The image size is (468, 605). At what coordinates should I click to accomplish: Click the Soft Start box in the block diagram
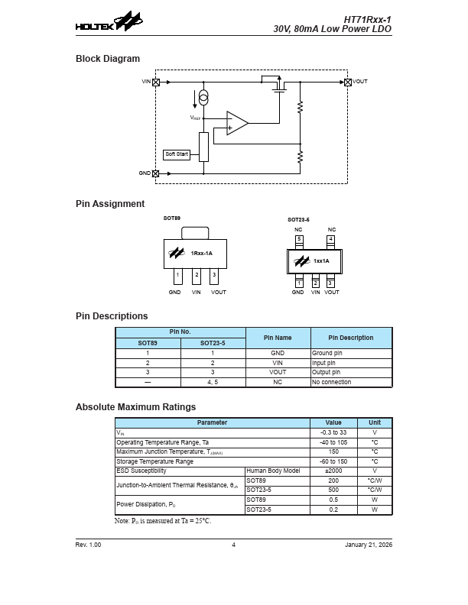pos(177,154)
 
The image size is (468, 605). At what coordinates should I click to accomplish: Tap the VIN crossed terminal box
pos(157,81)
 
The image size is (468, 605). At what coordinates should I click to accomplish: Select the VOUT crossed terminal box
pos(348,81)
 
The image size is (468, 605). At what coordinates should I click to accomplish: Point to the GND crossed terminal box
pos(157,173)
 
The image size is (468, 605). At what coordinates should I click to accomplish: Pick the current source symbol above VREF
pos(203,98)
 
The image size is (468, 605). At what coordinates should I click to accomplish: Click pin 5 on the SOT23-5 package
pos(299,239)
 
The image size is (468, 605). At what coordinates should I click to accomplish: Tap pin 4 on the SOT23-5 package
pos(330,239)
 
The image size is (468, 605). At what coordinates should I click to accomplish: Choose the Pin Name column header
pos(278,338)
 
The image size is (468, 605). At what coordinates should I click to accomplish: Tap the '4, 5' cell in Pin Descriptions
pos(213,382)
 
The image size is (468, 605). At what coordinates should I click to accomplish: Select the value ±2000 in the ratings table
pos(333,471)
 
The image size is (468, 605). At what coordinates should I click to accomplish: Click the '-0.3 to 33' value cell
pos(333,432)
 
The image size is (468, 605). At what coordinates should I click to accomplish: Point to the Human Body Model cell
pos(277,471)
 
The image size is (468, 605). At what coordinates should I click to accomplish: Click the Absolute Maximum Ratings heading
pos(135,407)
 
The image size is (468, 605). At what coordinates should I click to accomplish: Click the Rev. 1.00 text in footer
pos(88,545)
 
